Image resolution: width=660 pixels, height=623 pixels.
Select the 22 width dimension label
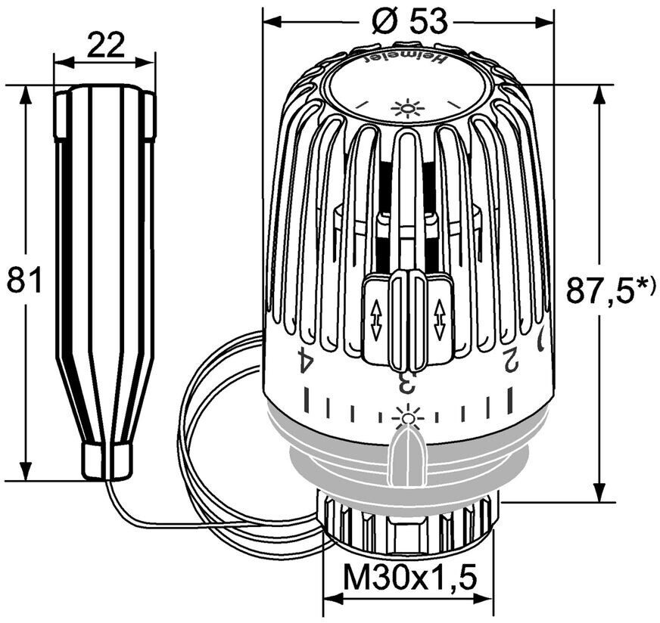[x=106, y=45]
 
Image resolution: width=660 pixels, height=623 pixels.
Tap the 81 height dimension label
[x=25, y=280]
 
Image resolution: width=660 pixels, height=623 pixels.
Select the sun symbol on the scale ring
[x=407, y=418]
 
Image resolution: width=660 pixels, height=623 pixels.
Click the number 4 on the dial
[x=306, y=358]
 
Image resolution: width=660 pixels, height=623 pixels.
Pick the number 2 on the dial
[x=510, y=358]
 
